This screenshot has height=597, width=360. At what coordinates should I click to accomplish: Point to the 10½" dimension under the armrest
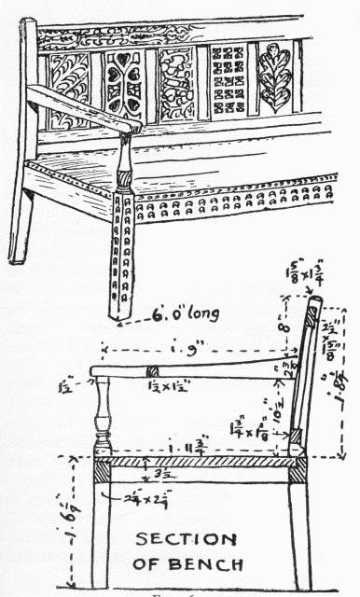pyautogui.click(x=277, y=407)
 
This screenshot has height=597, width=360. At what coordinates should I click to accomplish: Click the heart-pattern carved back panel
pyautogui.click(x=121, y=81)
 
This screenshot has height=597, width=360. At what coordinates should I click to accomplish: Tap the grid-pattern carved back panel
pyautogui.click(x=228, y=78)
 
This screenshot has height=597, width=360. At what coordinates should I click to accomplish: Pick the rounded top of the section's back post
pyautogui.click(x=315, y=303)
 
